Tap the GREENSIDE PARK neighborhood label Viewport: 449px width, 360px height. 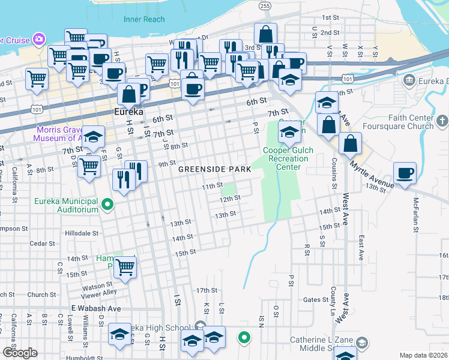click(214, 169)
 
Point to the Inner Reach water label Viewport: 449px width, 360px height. click(144, 19)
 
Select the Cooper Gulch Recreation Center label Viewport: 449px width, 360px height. click(285, 158)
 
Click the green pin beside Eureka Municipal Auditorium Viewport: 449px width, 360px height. click(107, 205)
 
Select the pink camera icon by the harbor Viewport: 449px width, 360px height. click(39, 38)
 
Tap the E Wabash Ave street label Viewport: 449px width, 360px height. click(96, 308)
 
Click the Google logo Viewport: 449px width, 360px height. click(20, 353)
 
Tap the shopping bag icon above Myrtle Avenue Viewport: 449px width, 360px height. click(350, 144)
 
